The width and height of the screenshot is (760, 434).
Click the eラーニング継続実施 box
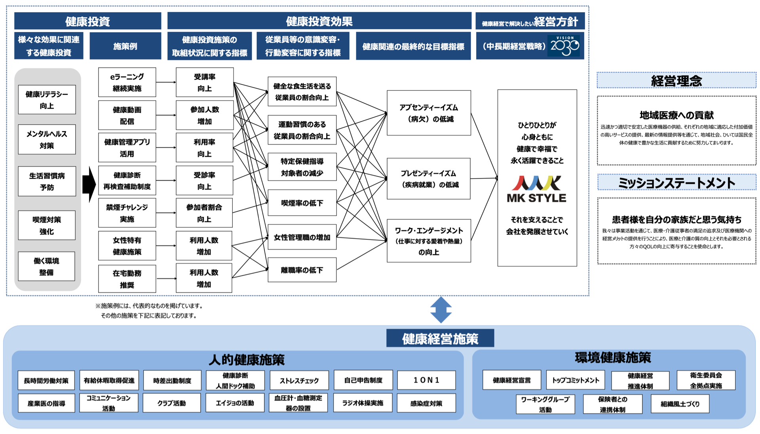(x=127, y=82)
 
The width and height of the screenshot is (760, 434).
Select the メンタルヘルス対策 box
(x=47, y=139)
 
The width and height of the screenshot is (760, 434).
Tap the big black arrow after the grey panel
(x=89, y=184)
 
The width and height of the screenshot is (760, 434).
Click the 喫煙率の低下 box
(x=302, y=203)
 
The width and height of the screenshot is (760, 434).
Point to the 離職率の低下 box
(x=302, y=270)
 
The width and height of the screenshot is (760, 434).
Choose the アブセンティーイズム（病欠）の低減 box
(x=429, y=113)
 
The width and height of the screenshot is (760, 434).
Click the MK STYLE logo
(x=536, y=189)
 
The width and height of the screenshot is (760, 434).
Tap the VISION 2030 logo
(x=564, y=46)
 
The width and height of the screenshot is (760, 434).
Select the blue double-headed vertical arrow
(x=441, y=310)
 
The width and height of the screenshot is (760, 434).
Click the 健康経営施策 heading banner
(x=440, y=339)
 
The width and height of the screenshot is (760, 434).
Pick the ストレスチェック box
(x=299, y=381)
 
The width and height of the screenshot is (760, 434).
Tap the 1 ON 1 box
(x=426, y=380)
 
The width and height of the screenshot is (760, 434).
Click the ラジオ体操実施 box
(x=363, y=403)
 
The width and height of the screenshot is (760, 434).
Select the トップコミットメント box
(x=576, y=380)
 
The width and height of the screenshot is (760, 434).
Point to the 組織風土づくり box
(x=680, y=404)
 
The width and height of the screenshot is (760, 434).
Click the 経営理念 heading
(x=676, y=81)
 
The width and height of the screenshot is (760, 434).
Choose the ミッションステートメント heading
(x=676, y=183)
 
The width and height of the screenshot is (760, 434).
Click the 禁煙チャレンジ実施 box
(x=127, y=213)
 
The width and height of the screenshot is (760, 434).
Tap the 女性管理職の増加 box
(x=302, y=237)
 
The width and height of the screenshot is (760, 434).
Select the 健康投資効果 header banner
(x=319, y=21)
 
